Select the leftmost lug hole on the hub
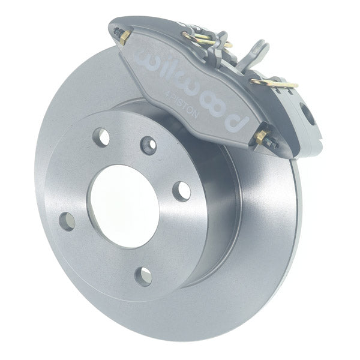[68, 222]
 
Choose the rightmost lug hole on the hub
[181, 191]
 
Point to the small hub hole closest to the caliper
[148, 145]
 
